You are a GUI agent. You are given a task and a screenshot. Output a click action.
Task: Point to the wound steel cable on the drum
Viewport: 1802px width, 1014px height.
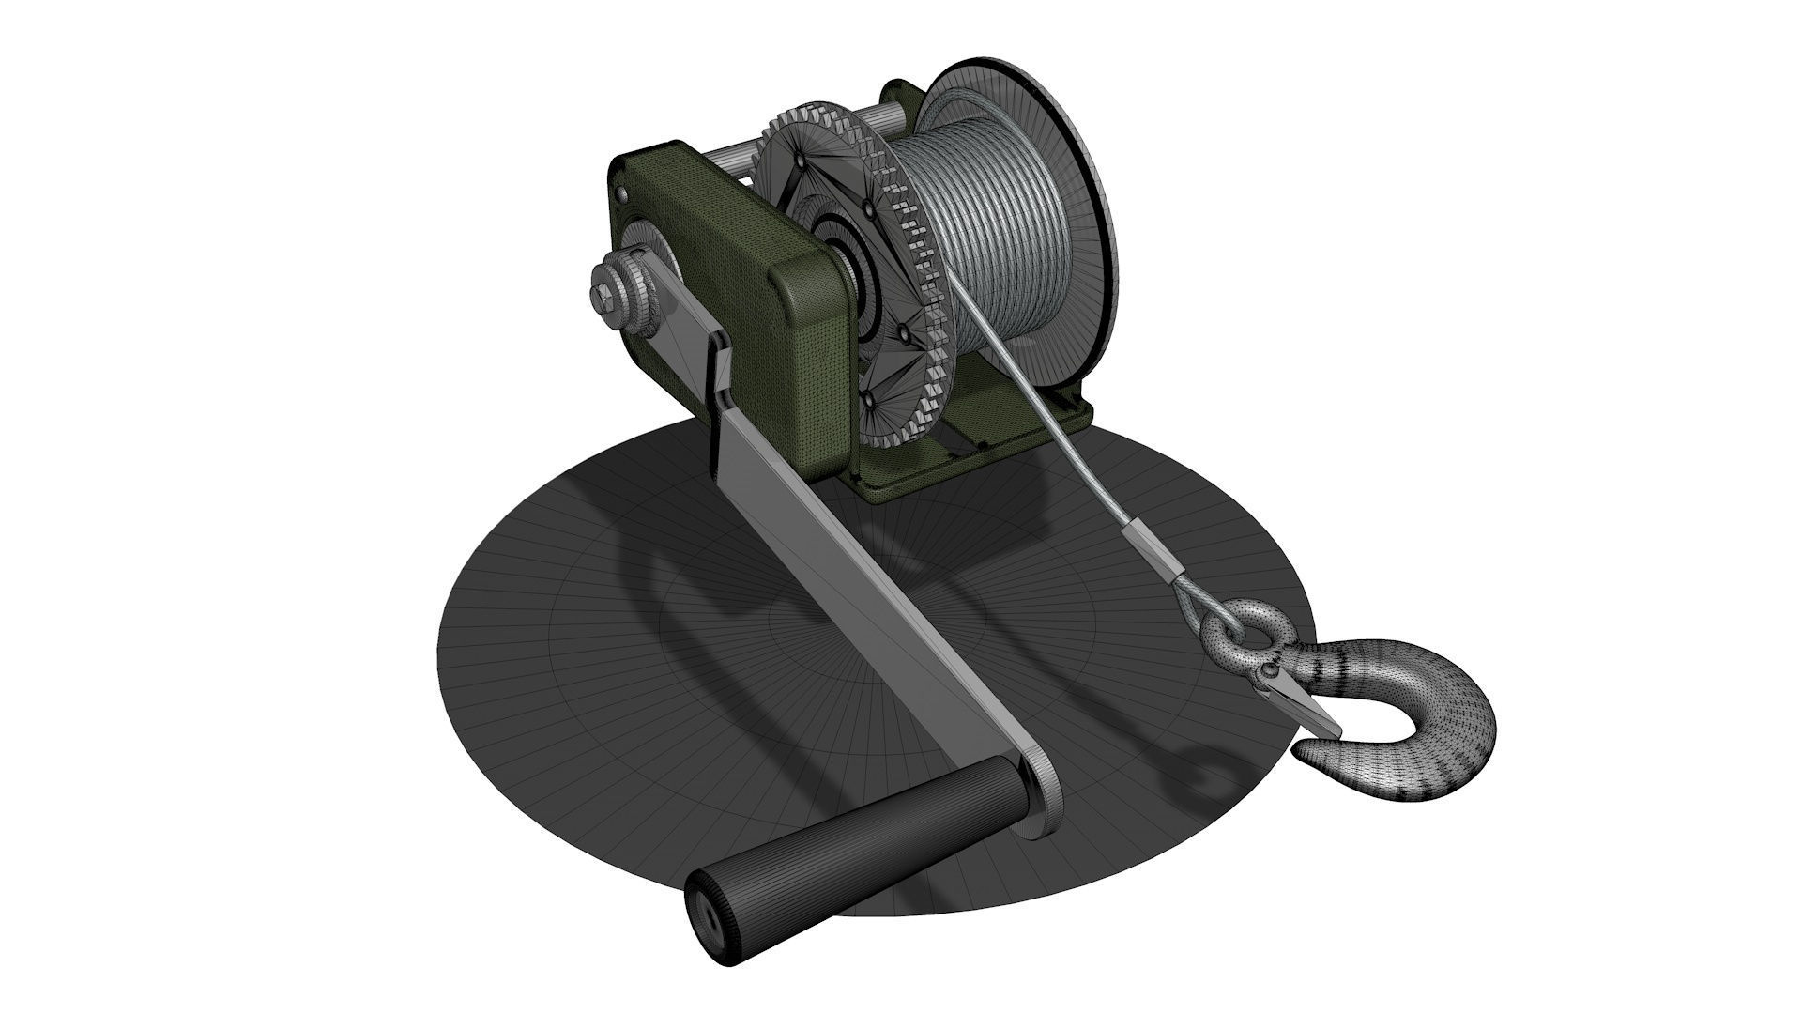pos(1014,235)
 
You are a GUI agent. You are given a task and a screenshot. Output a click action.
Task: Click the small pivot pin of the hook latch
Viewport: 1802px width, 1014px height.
pos(1271,672)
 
